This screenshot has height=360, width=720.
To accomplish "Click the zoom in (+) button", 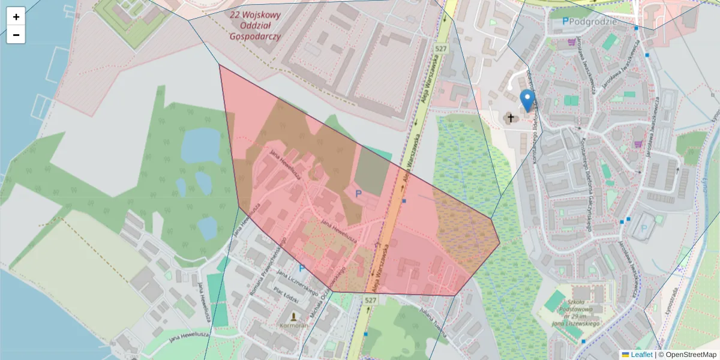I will [16, 17].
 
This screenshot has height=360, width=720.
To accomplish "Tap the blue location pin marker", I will [527, 100].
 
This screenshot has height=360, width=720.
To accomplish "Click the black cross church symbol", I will [512, 118].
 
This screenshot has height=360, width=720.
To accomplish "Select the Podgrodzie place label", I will [593, 21].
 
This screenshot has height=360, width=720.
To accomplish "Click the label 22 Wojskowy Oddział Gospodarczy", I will [255, 25].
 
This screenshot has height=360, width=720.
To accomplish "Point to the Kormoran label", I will [293, 325].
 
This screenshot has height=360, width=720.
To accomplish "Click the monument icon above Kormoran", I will [293, 315].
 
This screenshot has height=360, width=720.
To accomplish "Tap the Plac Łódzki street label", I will [286, 295].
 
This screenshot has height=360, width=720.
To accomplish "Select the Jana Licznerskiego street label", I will [297, 281].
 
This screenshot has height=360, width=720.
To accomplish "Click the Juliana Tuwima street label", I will [434, 320].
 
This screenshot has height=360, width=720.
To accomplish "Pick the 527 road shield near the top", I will [442, 49].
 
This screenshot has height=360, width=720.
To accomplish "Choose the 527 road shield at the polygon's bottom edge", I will [371, 298].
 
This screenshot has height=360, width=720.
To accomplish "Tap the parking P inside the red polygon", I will [359, 193].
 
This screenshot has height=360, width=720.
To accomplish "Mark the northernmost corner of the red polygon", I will [220, 65].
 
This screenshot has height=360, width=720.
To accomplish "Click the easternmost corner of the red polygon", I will [500, 243].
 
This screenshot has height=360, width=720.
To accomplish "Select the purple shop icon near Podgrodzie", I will [571, 43].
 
